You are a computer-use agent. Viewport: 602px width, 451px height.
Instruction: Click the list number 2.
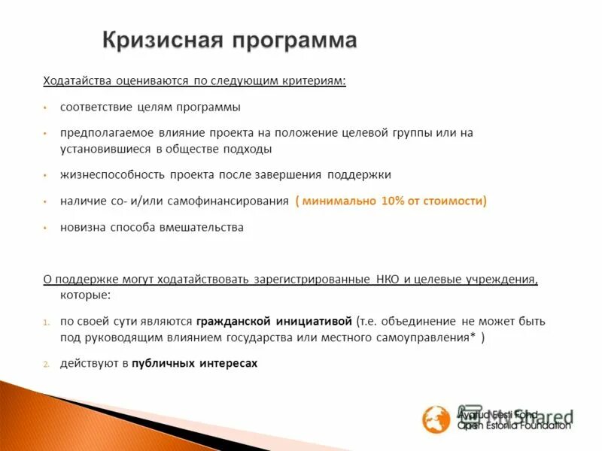46,364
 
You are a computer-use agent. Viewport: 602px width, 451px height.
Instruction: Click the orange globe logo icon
436,419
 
